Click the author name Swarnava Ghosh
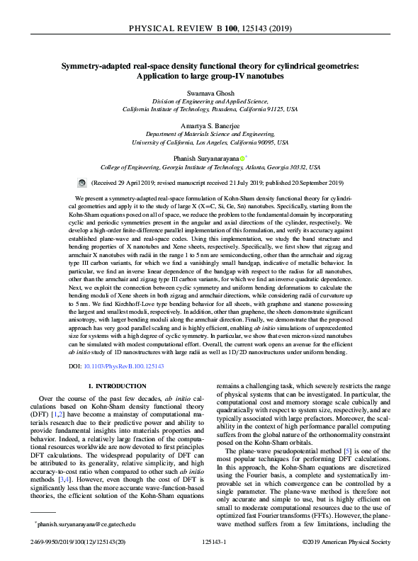tap(209, 93)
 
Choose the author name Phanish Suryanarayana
tap(205, 159)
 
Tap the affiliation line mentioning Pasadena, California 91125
tap(209, 110)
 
